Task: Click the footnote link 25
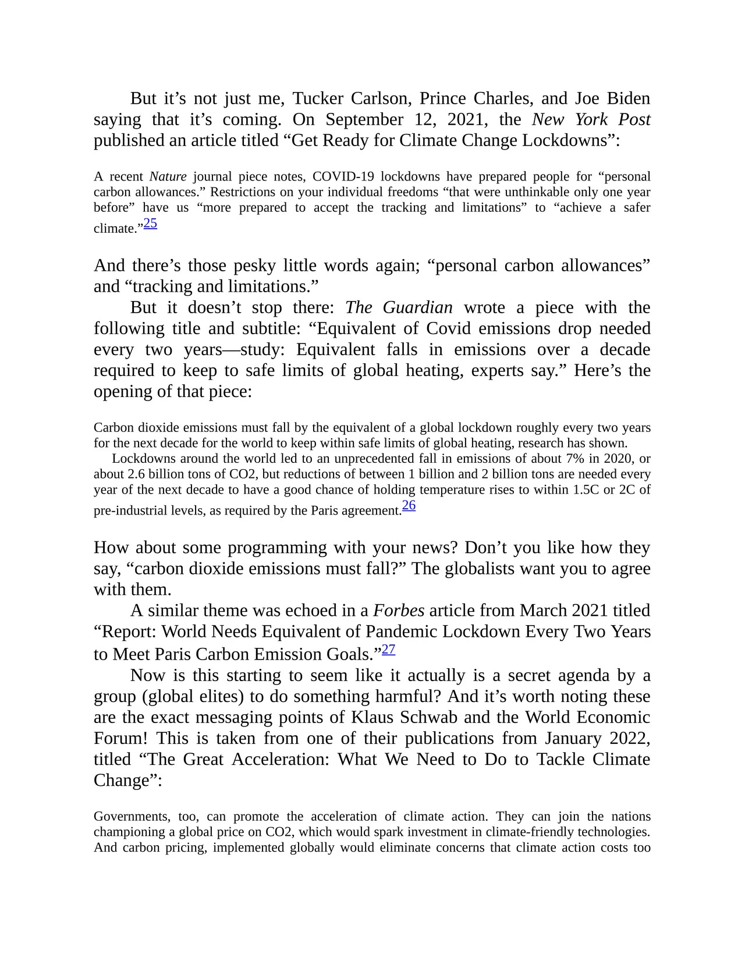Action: pyautogui.click(x=150, y=223)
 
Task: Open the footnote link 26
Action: pyautogui.click(x=409, y=505)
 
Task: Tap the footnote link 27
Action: pyautogui.click(x=389, y=650)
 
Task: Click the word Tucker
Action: pyautogui.click(x=318, y=98)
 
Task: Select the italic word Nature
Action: pyautogui.click(x=168, y=176)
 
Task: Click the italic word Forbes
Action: pyautogui.click(x=399, y=611)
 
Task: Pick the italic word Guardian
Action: pyautogui.click(x=417, y=307)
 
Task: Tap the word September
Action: pyautogui.click(x=364, y=119)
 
